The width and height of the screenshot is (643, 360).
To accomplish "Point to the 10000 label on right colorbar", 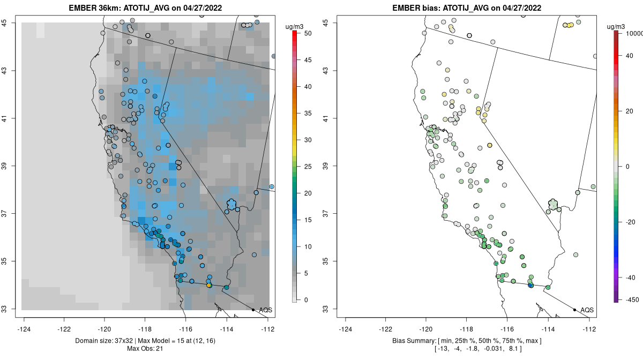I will [x=631, y=33].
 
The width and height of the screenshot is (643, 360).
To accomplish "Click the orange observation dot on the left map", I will [x=209, y=286].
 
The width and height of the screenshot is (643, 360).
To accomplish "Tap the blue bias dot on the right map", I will [x=530, y=286].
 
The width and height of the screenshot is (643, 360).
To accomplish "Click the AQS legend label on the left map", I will [x=265, y=310].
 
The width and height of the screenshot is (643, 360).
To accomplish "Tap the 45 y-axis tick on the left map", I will [x=11, y=22].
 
